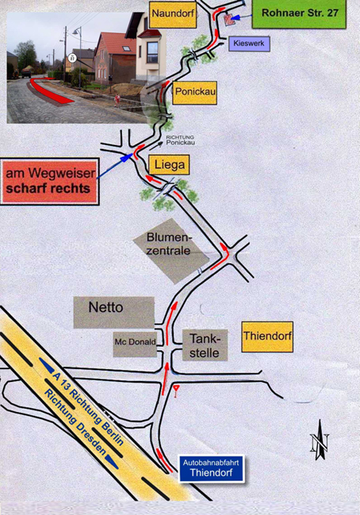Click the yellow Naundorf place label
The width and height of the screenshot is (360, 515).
173,14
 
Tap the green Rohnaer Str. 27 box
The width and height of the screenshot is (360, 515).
299,13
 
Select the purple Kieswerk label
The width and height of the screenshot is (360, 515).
249,44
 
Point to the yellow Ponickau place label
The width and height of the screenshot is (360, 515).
195,93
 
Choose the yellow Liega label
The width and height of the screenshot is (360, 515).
170,165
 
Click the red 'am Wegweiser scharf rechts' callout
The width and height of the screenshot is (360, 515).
50,181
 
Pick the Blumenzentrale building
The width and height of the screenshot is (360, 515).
171,250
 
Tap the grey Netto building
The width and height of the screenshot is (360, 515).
113,312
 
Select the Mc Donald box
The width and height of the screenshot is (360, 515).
135,344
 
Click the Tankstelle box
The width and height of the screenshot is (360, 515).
205,345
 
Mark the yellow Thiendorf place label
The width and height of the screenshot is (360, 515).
267,337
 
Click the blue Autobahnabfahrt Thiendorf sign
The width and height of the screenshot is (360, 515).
212,468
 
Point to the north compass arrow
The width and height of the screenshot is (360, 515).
320,440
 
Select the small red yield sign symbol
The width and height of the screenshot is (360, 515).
177,390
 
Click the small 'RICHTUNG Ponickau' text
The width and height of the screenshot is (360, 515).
180,140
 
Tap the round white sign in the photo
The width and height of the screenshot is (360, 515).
72,58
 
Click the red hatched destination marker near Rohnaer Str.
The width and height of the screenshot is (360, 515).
229,20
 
